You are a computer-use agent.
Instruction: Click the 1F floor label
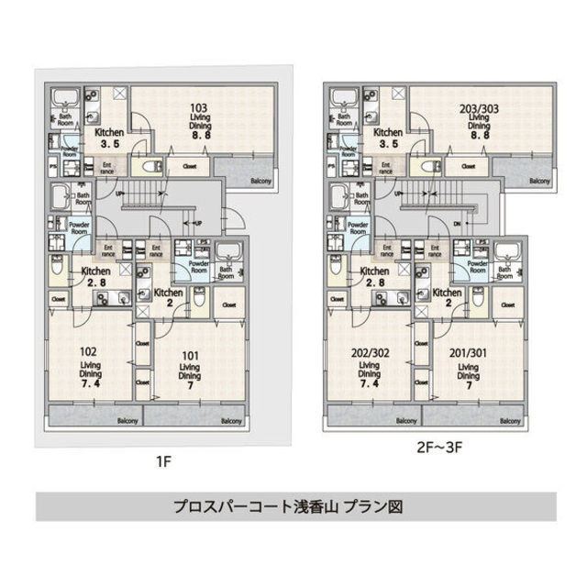pyautogui.click(x=161, y=453)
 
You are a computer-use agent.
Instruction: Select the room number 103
pyautogui.click(x=201, y=107)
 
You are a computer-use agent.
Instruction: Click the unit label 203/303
pyautogui.click(x=480, y=107)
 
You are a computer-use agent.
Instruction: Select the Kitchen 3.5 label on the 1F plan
pyautogui.click(x=110, y=138)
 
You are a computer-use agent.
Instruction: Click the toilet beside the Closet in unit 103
pyautogui.click(x=152, y=167)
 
